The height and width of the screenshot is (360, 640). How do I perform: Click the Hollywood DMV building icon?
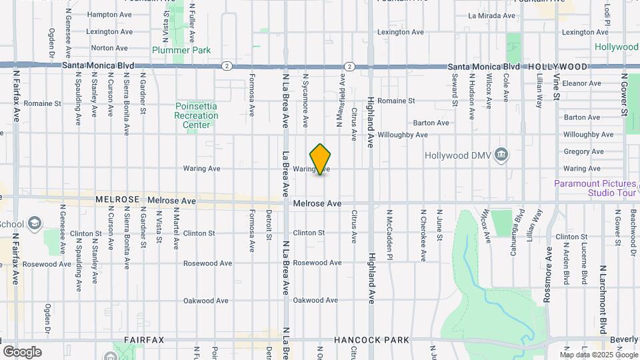[502, 155]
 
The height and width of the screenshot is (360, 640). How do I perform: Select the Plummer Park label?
[181, 50]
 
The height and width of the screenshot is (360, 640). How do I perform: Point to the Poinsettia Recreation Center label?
[196, 115]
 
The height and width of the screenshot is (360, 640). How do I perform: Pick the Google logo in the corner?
[22, 351]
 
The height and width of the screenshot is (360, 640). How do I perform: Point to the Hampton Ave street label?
[110, 15]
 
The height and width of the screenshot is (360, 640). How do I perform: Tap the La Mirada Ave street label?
[492, 15]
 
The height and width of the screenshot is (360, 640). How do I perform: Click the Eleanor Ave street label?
[582, 83]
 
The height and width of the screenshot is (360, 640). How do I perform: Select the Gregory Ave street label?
[583, 151]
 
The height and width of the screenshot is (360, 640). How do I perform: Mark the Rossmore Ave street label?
[549, 275]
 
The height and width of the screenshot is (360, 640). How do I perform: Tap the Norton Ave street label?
[109, 48]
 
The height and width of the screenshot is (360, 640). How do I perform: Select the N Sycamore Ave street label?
[305, 100]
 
